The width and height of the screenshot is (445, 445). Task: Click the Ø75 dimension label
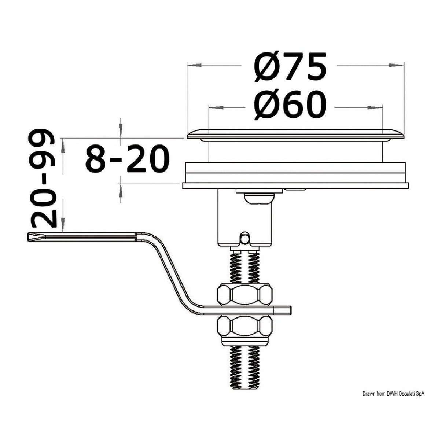pyautogui.click(x=290, y=67)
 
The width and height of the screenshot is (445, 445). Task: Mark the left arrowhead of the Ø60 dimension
pyautogui.click(x=216, y=108)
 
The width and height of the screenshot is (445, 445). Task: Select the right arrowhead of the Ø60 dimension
pyautogui.click(x=374, y=108)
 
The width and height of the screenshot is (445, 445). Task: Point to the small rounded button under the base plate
pyautogui.click(x=258, y=198)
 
